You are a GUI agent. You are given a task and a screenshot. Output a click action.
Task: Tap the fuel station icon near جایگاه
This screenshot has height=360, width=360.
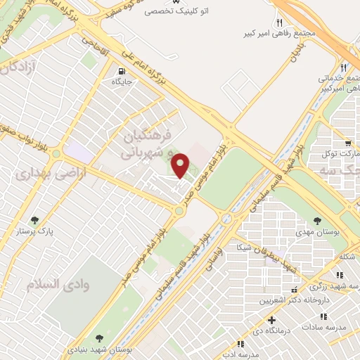coord(122,71)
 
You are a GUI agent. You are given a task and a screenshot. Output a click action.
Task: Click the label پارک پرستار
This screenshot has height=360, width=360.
coord(35,230)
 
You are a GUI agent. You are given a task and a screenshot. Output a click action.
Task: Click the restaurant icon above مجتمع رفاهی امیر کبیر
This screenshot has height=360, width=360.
coord(279,22)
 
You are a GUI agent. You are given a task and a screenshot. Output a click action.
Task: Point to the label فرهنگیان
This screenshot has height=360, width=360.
coord(147,134)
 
